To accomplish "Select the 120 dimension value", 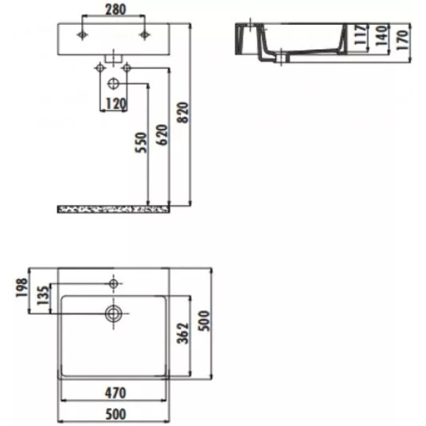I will tap(115, 104).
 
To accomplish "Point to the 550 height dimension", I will tap(141, 144).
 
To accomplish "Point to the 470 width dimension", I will tap(114, 392).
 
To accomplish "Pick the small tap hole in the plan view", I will tap(113, 283).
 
